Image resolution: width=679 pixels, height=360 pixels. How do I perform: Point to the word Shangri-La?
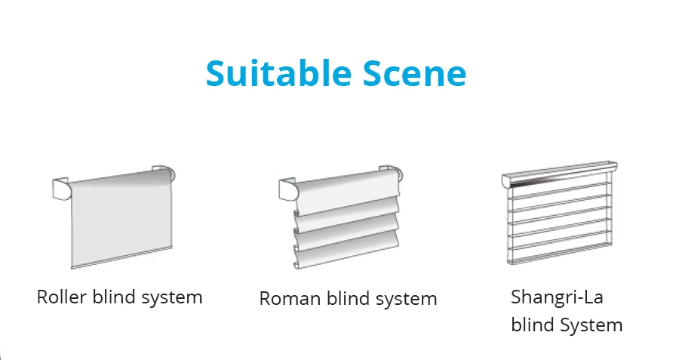(x=557, y=297)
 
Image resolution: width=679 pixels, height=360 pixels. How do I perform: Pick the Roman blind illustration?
(x=343, y=219)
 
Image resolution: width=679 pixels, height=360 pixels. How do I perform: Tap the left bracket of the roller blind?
(x=60, y=186)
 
